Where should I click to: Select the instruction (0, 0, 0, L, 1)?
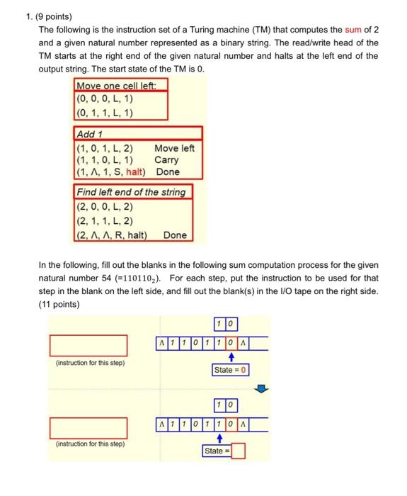click(104, 99)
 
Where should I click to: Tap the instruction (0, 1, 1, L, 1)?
click(104, 113)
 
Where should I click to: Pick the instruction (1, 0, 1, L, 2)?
click(104, 148)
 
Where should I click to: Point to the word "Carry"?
click(166, 160)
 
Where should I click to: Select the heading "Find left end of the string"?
click(130, 192)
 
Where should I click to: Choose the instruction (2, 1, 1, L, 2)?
click(104, 221)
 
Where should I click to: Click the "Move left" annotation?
click(174, 148)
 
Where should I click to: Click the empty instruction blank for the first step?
click(88, 345)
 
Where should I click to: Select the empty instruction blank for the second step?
click(88, 428)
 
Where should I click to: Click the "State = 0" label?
click(231, 370)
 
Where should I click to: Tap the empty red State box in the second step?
click(238, 451)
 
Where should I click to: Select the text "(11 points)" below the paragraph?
click(60, 305)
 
